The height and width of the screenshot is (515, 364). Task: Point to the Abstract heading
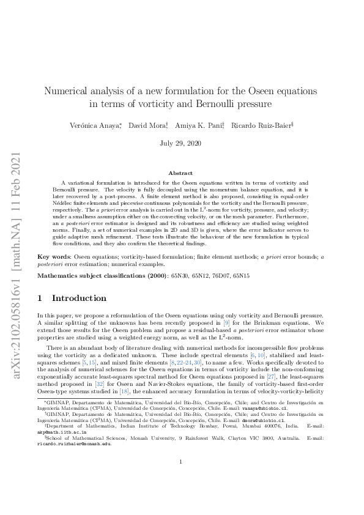182,173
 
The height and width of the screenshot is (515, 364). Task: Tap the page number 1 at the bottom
182,479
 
